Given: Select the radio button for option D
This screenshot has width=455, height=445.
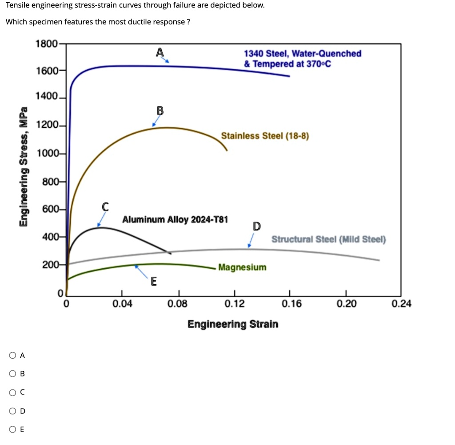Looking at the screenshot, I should tap(12, 411).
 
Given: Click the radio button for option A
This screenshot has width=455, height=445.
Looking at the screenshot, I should tap(12, 355).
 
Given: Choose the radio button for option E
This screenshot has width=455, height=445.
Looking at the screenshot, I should tap(12, 429).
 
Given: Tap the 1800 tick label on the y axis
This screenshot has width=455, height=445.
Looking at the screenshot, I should tap(46, 44).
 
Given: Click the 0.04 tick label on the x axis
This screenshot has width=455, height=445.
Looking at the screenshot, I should tap(122, 304).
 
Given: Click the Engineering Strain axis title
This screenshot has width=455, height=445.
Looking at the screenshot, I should tap(233, 324).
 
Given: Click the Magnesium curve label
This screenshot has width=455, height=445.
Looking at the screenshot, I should tap(242, 267).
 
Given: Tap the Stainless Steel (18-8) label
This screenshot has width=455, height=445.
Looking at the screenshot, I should tap(265, 135).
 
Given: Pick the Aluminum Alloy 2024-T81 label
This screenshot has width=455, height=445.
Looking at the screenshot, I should tap(175, 219).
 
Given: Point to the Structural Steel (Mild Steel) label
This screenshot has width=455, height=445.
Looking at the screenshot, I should tap(329, 239).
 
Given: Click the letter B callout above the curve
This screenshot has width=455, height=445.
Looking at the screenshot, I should tap(160, 111).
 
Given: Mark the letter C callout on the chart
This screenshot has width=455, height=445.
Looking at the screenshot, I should tap(105, 207).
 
